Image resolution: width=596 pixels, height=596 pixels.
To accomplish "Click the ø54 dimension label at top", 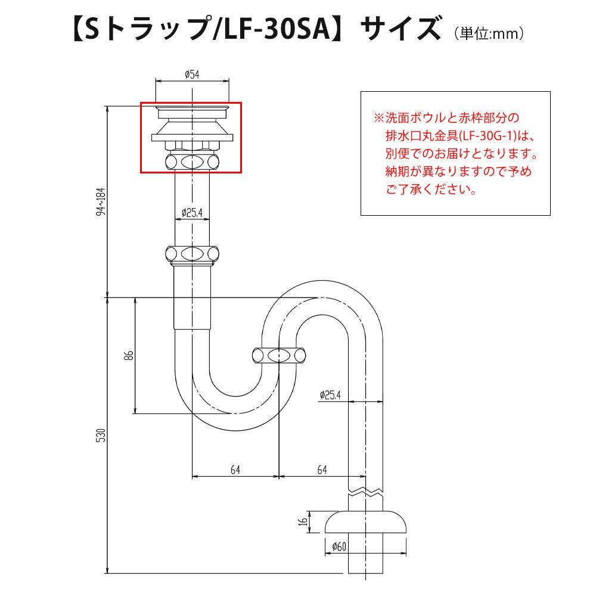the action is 192,74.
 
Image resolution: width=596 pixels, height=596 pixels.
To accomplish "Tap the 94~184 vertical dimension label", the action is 101,201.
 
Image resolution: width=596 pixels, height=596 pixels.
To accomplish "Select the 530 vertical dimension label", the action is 101,435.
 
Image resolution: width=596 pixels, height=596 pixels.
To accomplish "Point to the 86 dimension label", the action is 129,355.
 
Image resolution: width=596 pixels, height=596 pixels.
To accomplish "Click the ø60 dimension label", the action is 339,547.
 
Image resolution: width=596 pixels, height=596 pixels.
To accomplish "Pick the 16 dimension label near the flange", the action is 303,521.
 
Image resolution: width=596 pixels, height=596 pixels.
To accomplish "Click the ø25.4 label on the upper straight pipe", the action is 192,213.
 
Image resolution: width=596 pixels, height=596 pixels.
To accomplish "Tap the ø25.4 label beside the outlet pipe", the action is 330,395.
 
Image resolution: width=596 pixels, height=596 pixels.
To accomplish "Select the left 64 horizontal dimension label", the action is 235,470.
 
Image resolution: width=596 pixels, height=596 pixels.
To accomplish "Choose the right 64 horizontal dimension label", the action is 322,470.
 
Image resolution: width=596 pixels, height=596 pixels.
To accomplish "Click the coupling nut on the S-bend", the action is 279,356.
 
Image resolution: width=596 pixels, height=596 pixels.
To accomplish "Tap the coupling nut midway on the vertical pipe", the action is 193,253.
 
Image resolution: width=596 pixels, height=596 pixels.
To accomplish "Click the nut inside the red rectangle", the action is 193,162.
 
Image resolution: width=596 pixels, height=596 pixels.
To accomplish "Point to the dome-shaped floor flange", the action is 366,522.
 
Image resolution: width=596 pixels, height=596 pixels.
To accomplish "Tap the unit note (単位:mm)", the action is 489,33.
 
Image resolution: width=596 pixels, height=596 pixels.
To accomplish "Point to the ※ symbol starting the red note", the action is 379,118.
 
